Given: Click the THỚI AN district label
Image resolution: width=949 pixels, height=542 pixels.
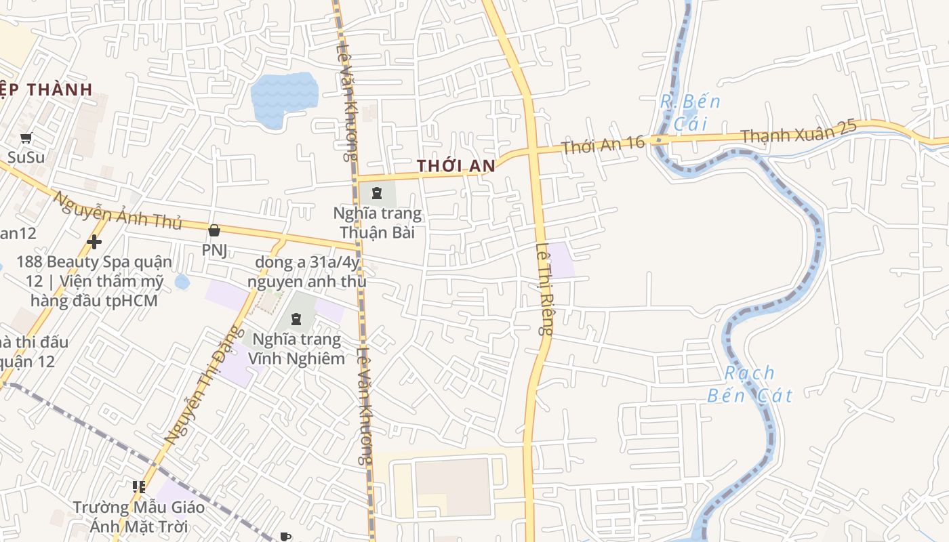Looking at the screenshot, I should coord(456,165).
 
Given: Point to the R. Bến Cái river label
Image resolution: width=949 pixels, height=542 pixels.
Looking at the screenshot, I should coord(690,112).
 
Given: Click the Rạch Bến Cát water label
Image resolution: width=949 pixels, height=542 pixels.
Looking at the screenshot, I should coord(750,383).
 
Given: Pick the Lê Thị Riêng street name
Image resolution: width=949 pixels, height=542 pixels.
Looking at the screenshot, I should coord(544,289).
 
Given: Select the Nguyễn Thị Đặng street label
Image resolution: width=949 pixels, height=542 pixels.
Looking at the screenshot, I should coord(203,385).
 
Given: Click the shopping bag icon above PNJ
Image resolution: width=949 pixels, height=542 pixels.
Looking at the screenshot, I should coord(214,230).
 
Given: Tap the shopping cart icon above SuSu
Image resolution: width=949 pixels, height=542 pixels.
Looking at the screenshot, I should coord(26,138).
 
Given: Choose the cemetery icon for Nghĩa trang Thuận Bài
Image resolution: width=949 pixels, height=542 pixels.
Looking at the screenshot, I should coord(377,193).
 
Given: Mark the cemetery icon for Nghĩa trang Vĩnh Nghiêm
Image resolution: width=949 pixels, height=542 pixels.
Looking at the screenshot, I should coord(296,318).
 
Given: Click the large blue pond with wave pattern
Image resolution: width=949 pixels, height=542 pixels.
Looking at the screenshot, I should coord(284,99).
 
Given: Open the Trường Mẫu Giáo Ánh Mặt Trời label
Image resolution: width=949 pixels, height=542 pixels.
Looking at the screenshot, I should coord(129,516).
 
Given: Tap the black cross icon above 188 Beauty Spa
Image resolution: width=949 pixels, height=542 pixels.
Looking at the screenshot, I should coord(94,241).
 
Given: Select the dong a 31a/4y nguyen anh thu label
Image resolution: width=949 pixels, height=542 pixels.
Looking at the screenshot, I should coord(307,271).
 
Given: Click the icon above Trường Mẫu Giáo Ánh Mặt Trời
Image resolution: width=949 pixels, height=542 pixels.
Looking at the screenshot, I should coord(139,486).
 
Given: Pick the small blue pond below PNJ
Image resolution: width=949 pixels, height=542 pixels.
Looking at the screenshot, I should coord(182,281).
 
